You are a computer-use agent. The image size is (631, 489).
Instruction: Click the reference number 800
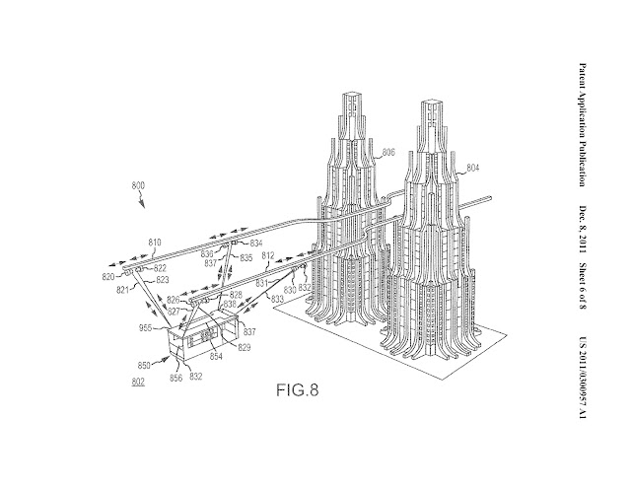click(142, 185)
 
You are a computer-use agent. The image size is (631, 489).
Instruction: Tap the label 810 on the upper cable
click(154, 240)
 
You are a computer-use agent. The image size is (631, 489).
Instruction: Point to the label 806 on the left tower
click(389, 152)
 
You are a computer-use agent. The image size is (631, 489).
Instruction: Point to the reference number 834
click(256, 242)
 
